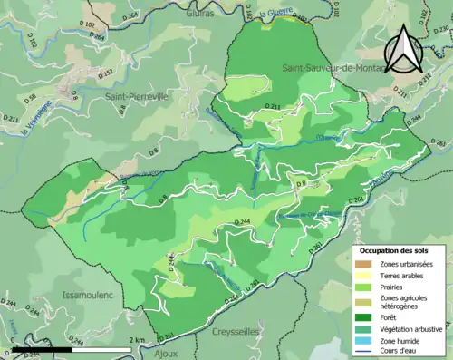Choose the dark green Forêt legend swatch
pyautogui.click(x=367, y=317)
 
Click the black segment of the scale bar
pyautogui.click(x=40, y=348)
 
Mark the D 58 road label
pyautogui.click(x=30, y=98)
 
